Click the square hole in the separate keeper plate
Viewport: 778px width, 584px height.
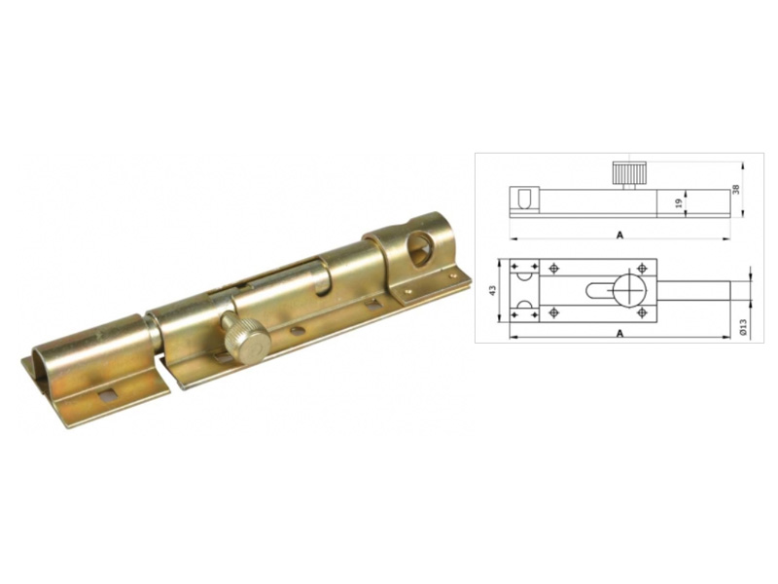pyautogui.click(x=105, y=395)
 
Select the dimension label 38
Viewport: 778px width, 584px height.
pyautogui.click(x=736, y=189)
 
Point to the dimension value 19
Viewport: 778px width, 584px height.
pyautogui.click(x=679, y=202)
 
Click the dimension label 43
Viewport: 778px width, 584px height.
pyautogui.click(x=493, y=290)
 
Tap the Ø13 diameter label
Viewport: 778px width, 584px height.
pyautogui.click(x=743, y=327)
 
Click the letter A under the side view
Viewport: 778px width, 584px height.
pyautogui.click(x=619, y=236)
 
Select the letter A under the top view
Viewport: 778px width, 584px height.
pyautogui.click(x=619, y=334)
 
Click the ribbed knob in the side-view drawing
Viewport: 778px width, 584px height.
pyautogui.click(x=629, y=172)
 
